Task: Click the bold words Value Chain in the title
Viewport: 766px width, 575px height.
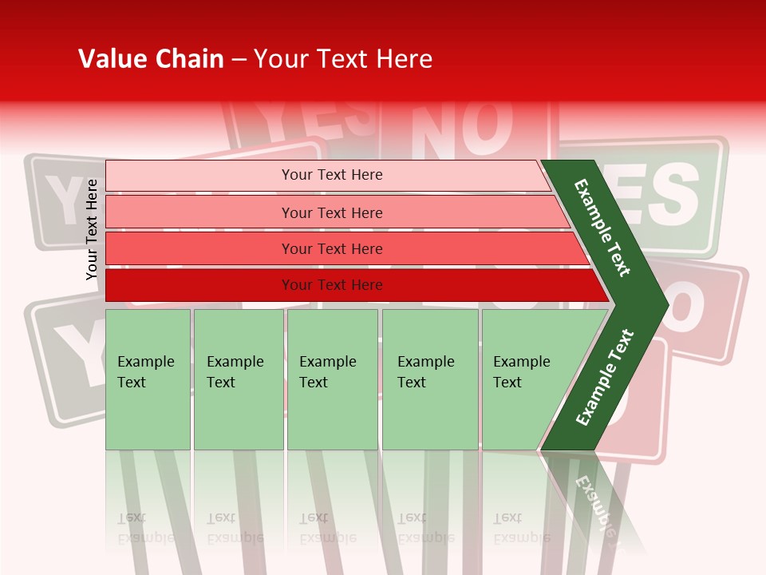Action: (151, 59)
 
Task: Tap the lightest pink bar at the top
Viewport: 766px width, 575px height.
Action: (199, 176)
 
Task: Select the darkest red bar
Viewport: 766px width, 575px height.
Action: (199, 285)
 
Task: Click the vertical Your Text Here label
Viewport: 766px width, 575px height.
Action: (92, 229)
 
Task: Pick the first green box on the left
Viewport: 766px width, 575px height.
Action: (148, 379)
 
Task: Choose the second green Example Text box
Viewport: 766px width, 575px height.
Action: (238, 379)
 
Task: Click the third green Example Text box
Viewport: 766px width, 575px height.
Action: (332, 379)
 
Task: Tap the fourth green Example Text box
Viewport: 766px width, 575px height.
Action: (430, 379)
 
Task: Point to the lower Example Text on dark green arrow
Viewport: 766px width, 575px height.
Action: (605, 378)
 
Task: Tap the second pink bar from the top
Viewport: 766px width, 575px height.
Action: (199, 212)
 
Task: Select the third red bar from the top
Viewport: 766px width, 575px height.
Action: (199, 248)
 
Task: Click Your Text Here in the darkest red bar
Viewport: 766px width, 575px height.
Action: (332, 285)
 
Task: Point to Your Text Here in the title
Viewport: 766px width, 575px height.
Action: (343, 59)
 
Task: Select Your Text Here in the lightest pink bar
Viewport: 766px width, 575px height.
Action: (332, 175)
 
